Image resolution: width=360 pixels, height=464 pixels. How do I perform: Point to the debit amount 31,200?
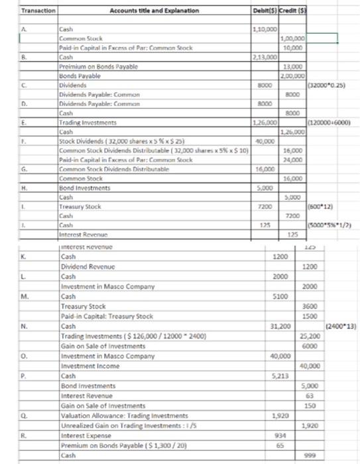pos(262,326)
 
